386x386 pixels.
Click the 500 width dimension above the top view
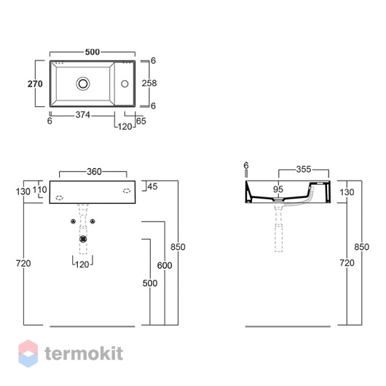pyautogui.click(x=92, y=52)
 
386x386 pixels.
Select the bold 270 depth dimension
pyautogui.click(x=35, y=84)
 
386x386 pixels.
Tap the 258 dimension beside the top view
pyautogui.click(x=149, y=83)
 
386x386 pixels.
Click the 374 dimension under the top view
pyautogui.click(x=83, y=115)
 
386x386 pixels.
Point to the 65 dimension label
pyautogui.click(x=141, y=121)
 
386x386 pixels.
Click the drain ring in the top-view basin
pyautogui.click(x=83, y=84)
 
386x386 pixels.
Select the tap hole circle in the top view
pyautogui.click(x=125, y=84)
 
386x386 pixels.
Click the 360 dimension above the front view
pyautogui.click(x=94, y=172)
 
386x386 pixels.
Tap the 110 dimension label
pyautogui.click(x=39, y=190)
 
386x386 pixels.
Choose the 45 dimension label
pyautogui.click(x=152, y=186)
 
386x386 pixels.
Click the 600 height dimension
pyautogui.click(x=165, y=265)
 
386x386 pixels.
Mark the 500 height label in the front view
pyautogui.click(x=150, y=283)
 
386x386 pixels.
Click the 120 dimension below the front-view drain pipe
pyautogui.click(x=82, y=264)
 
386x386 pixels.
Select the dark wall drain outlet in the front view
pyautogui.click(x=84, y=239)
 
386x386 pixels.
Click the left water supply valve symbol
pyautogui.click(x=73, y=221)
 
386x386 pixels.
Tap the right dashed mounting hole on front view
pyautogui.click(x=127, y=191)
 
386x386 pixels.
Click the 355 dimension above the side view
pyautogui.click(x=304, y=170)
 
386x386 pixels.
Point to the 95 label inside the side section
pyautogui.click(x=278, y=189)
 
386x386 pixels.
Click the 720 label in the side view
pyautogui.click(x=347, y=263)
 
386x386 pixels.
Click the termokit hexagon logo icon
pyautogui.click(x=28, y=353)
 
